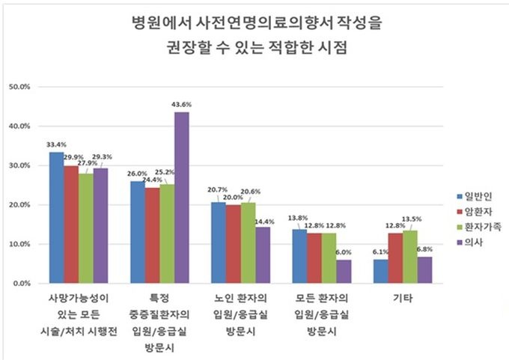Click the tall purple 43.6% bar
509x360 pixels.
(x=181, y=198)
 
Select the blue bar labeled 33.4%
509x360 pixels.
(x=57, y=218)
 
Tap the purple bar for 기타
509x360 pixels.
(x=424, y=270)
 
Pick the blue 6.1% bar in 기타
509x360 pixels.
(x=381, y=272)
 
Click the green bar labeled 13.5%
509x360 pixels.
(x=410, y=257)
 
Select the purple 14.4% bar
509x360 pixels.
(x=262, y=255)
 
